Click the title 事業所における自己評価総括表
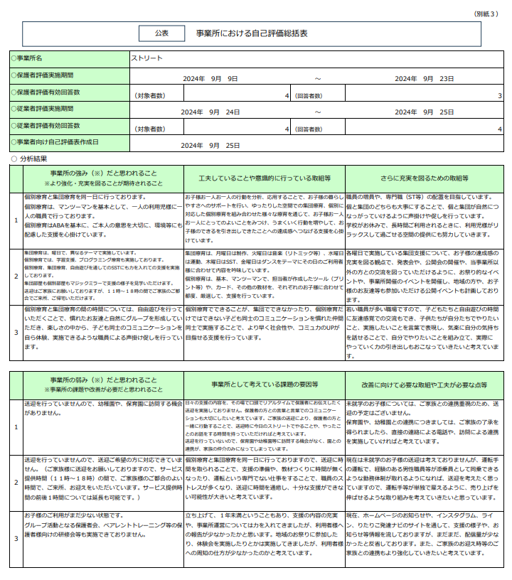[x=252, y=33]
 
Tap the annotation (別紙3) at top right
[x=488, y=14]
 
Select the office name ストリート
[x=147, y=58]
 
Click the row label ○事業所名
[x=28, y=58]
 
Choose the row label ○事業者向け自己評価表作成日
[x=55, y=143]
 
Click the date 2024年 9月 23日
[x=424, y=78]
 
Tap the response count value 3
[x=499, y=95]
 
